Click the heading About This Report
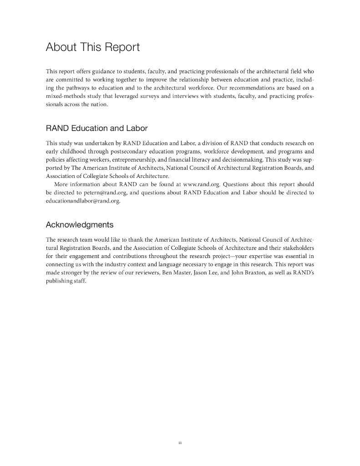pos(93,47)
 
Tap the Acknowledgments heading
pos(80,225)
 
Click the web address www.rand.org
pos(202,184)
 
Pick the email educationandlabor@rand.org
pos(83,201)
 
